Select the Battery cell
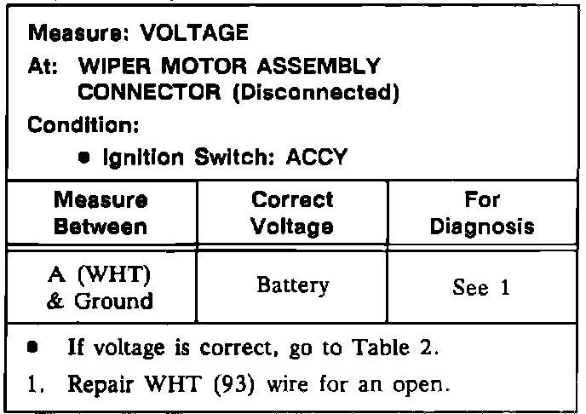(x=292, y=287)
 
